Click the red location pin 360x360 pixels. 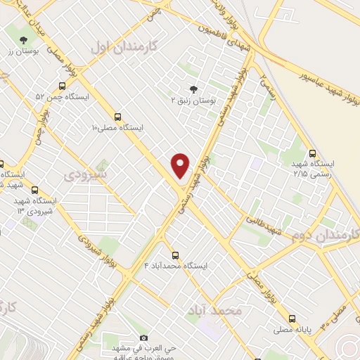[x=181, y=165]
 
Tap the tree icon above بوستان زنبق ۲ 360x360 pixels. [x=193, y=89]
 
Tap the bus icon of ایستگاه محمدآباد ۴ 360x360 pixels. [x=175, y=255]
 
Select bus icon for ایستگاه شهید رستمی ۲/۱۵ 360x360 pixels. [x=312, y=153]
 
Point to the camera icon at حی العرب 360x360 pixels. [x=144, y=338]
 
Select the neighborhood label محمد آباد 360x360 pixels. [x=215, y=309]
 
